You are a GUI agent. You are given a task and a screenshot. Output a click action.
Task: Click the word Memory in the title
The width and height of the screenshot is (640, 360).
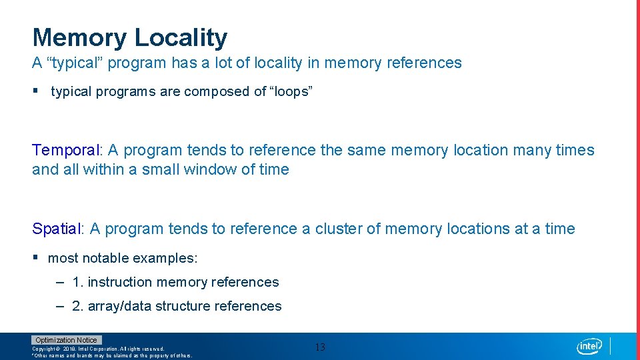pyautogui.click(x=79, y=38)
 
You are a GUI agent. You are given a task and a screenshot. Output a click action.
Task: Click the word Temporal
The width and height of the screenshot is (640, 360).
pyautogui.click(x=67, y=150)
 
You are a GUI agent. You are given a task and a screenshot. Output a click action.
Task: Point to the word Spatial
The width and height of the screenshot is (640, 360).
pyautogui.click(x=57, y=229)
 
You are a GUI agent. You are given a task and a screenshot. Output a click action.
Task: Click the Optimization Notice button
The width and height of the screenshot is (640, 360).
pyautogui.click(x=67, y=340)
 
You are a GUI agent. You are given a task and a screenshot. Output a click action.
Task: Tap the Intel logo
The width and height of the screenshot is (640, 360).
pyautogui.click(x=589, y=346)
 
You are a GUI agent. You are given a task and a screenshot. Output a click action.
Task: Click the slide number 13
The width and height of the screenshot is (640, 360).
pyautogui.click(x=320, y=347)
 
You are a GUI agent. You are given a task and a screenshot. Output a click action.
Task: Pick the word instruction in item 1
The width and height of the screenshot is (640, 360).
pyautogui.click(x=120, y=283)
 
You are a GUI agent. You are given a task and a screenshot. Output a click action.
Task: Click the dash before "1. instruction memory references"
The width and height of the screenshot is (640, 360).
pyautogui.click(x=60, y=282)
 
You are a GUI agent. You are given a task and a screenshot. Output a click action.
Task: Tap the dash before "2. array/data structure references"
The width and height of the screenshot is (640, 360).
pyautogui.click(x=60, y=306)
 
